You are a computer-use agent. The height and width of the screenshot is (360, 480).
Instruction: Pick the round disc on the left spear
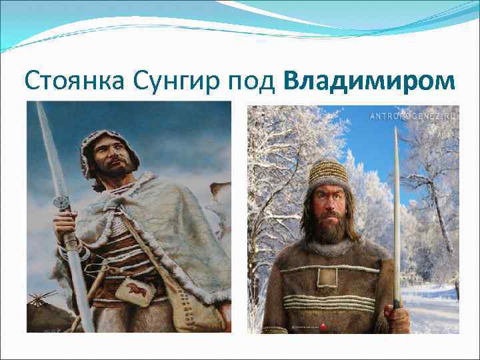[62, 202]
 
